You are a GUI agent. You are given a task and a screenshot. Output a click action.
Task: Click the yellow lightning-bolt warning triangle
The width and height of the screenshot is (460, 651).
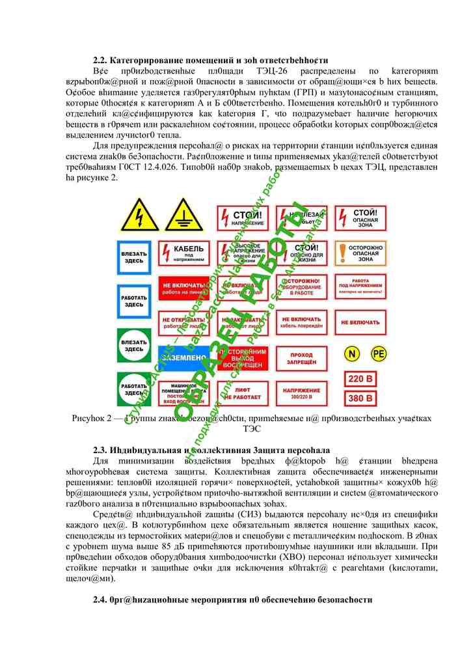point(139,216)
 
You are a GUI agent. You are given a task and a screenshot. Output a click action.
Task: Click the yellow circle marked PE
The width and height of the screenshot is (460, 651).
point(378,353)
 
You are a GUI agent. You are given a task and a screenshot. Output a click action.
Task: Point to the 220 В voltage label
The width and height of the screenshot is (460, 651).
point(361,379)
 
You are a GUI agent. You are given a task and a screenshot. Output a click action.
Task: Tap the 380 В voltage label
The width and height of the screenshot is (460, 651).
point(361,398)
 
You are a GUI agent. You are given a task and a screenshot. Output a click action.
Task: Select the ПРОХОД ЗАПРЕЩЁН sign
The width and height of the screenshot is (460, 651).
point(301,358)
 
